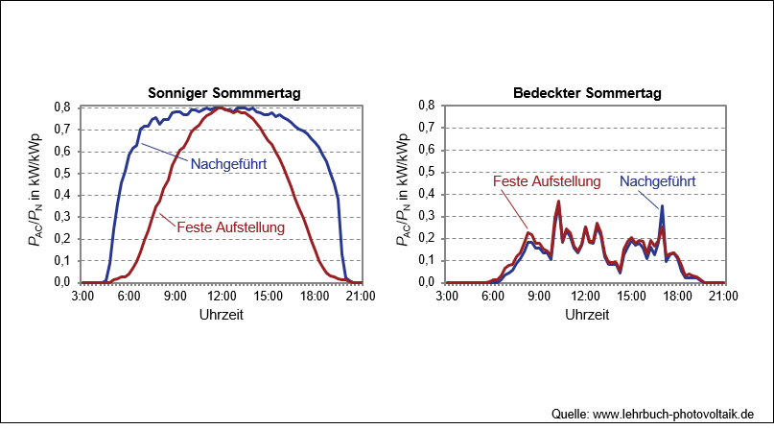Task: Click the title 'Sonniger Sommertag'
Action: pos(224,93)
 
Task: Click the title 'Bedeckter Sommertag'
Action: pos(587,93)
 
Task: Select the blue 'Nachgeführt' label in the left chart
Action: pos(228,164)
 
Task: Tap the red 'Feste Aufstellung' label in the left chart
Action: pos(230,227)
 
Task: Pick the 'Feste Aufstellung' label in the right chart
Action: pos(547,181)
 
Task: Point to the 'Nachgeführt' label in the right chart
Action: pos(658,181)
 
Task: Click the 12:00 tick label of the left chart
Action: pos(222,297)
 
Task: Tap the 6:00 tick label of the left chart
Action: pos(129,297)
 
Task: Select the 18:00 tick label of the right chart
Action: pos(677,297)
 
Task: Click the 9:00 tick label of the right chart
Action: pos(539,297)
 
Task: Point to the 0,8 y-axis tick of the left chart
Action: pos(62,107)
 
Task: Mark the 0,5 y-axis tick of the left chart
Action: pos(62,174)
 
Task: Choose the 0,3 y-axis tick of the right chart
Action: pos(427,216)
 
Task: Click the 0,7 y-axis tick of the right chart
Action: pos(427,128)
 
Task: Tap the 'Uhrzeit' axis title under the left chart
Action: pos(222,315)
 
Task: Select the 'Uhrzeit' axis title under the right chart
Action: pos(587,315)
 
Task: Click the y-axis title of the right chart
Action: pos(403,190)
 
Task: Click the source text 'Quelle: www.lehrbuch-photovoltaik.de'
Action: pos(652,414)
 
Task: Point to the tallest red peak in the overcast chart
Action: pos(558,201)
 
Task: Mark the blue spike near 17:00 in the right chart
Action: pos(662,205)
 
